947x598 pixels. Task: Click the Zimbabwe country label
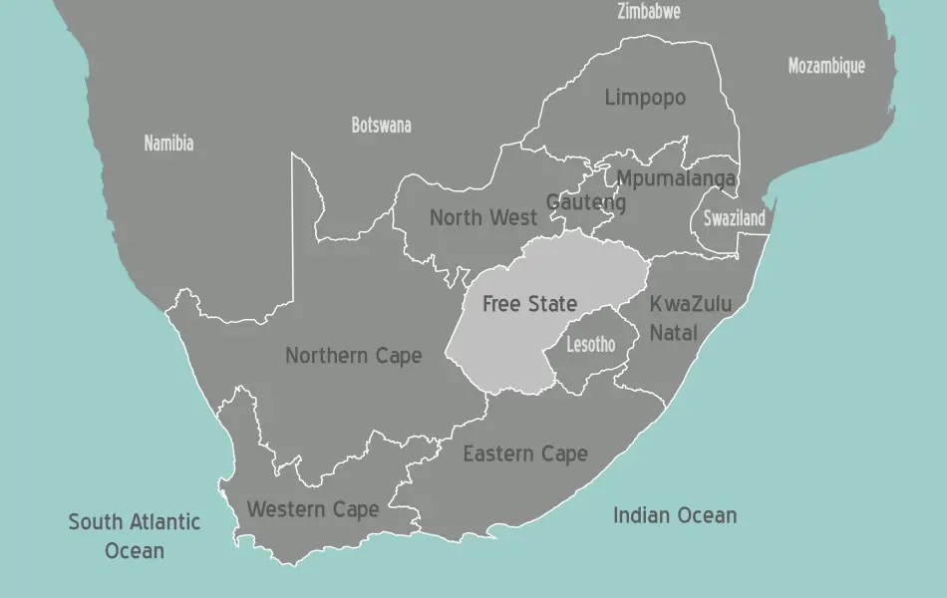[x=649, y=12]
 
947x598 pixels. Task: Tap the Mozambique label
[x=826, y=67]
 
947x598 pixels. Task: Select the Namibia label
[x=168, y=143]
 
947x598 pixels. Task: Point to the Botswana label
[x=381, y=126]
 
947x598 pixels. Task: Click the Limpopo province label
[x=645, y=98]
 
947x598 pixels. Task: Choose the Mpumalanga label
[x=676, y=179]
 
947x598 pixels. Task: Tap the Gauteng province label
[x=586, y=203]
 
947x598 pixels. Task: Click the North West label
[x=483, y=217]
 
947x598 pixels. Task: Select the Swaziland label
[x=734, y=219]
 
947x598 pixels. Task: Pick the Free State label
[x=529, y=304]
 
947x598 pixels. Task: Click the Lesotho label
[x=590, y=345]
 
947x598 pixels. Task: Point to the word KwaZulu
[x=691, y=304]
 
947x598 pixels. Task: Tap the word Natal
[x=674, y=332]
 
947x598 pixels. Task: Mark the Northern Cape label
[x=353, y=356]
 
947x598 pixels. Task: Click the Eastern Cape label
[x=525, y=454]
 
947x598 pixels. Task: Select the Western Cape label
[x=312, y=510]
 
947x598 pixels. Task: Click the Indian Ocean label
[x=675, y=515]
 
